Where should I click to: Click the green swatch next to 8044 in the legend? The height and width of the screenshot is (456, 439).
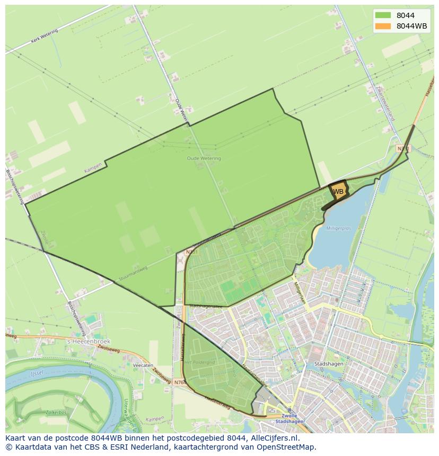tap(382, 15)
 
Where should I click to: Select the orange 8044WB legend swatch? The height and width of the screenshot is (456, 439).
tap(382, 26)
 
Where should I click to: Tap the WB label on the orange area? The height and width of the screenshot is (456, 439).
tap(338, 191)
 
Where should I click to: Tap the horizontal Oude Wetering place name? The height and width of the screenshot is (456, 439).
tap(204, 158)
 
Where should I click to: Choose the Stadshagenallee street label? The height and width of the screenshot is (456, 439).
tap(206, 306)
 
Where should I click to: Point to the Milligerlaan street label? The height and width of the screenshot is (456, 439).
tap(300, 292)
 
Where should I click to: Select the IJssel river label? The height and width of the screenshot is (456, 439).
tap(37, 373)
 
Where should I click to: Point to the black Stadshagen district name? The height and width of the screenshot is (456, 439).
tap(328, 364)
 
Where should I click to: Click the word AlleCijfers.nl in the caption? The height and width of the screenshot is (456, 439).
tap(274, 438)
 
